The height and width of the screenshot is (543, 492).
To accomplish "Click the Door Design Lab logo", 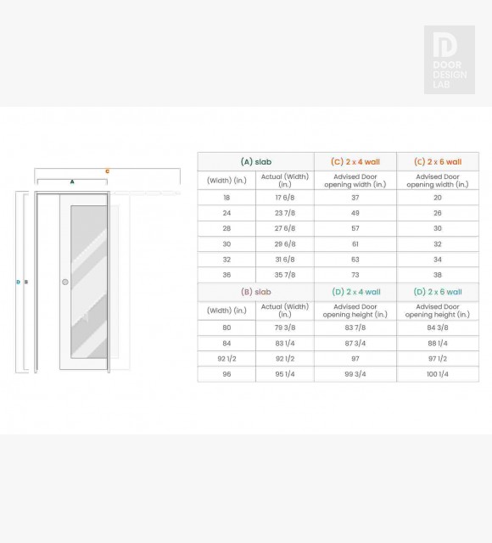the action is point(450,59).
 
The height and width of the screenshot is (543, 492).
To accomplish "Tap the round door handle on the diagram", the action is point(65,282).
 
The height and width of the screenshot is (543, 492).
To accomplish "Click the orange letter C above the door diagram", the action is point(108,171).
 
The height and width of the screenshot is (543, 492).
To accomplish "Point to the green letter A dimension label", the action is point(72,182).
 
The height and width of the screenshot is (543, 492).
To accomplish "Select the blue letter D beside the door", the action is point(18,282).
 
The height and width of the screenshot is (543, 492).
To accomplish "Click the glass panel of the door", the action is point(89,282).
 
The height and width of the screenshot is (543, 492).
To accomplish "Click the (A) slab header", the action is point(256,162).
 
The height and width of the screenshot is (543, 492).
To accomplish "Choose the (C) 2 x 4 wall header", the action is point(355,162).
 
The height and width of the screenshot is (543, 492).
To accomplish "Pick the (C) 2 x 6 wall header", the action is point(438,162).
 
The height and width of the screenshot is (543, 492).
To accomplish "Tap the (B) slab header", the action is point(256,292).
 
